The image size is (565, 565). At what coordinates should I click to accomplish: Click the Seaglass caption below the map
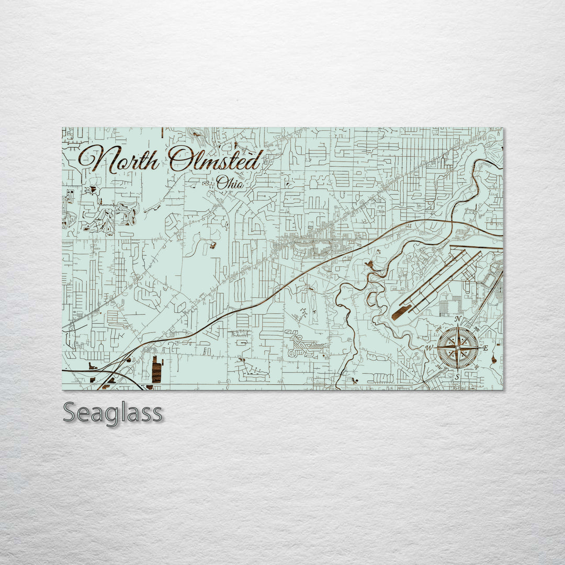point(112,413)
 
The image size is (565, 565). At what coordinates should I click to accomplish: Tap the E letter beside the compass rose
point(485,347)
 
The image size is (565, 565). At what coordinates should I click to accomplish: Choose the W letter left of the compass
point(430,348)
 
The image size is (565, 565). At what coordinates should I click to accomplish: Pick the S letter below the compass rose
point(457,376)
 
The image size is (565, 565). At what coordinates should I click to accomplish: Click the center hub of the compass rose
point(457,347)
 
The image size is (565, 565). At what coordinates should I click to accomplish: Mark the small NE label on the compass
point(476,330)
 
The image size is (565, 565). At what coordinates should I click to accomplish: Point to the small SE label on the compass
point(476,366)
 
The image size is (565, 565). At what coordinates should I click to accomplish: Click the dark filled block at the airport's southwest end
point(401,312)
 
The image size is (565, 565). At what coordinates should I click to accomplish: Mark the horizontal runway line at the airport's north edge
point(476,247)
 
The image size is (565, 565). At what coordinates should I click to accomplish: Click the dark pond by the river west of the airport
point(370,264)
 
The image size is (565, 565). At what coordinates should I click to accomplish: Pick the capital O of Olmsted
point(180,159)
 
